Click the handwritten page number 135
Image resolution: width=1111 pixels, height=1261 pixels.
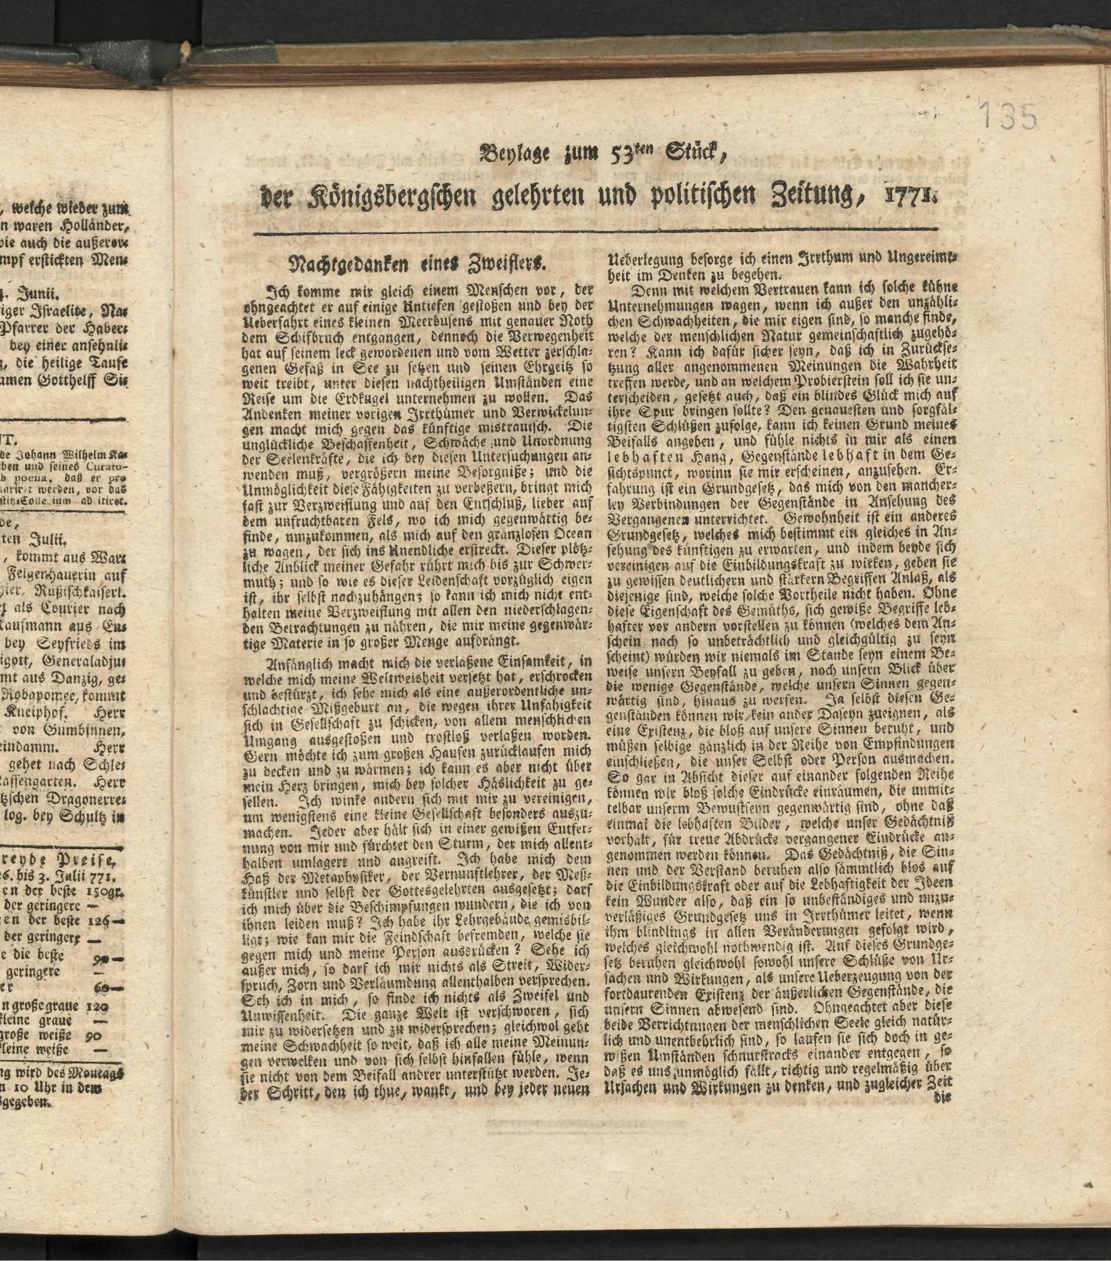1007,116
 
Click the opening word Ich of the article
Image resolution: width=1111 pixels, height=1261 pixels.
274,290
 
